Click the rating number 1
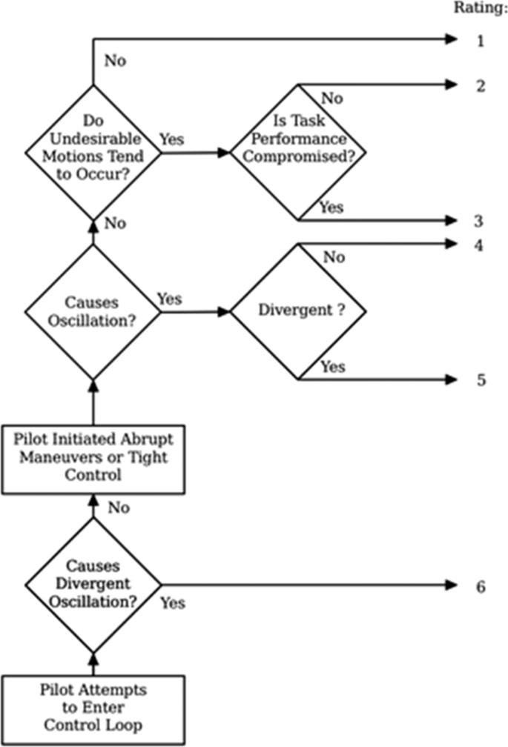point(480,41)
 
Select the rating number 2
point(480,86)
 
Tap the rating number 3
point(480,221)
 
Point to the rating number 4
point(480,245)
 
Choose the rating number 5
point(480,380)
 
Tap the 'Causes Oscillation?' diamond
point(93,312)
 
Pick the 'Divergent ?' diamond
point(297,312)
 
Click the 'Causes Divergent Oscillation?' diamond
point(93,585)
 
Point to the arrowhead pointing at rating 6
point(453,585)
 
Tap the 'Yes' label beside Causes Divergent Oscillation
point(173,602)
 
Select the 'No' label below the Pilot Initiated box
point(119,508)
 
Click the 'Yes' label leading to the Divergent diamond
point(170,299)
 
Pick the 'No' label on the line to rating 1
point(116,60)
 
